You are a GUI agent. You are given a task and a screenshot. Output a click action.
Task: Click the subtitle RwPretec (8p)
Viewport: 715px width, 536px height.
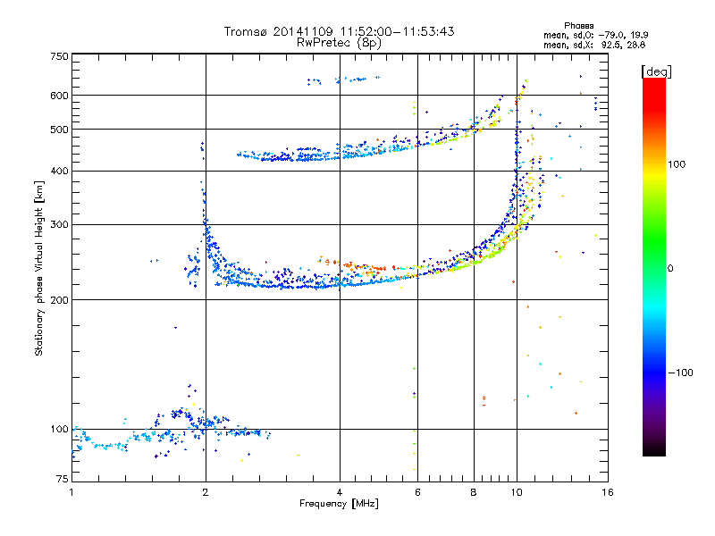339,43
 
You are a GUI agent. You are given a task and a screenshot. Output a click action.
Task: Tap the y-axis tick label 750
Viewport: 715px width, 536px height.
60,56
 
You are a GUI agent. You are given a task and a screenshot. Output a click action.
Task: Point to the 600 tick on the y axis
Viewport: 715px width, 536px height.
60,96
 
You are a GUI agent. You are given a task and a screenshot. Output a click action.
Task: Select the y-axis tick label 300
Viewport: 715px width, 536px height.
60,224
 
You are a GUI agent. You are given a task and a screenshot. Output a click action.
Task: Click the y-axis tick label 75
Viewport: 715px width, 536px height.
63,479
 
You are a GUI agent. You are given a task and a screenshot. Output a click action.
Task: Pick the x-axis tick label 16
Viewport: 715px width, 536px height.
608,492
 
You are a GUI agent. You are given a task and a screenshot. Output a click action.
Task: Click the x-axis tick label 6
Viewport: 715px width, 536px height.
417,492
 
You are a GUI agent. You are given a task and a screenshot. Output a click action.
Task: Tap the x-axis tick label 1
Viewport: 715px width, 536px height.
72,492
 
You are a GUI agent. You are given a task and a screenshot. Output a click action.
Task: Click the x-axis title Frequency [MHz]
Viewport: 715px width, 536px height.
339,504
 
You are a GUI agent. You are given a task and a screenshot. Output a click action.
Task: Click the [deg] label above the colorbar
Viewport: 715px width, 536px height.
656,71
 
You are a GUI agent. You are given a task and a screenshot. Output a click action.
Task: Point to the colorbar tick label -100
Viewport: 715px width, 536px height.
681,373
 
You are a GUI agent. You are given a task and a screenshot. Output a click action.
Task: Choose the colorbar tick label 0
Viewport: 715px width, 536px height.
670,268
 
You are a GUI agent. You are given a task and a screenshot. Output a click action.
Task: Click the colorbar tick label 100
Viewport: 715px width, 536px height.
677,164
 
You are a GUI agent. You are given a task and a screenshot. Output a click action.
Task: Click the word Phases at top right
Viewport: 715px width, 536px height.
579,26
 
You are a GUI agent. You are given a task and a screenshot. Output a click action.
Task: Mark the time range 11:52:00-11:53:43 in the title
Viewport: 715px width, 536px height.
397,31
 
